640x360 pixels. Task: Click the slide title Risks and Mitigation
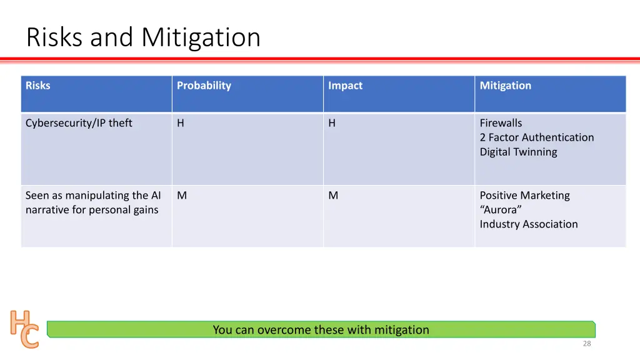[x=143, y=37]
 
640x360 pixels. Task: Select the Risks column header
[x=37, y=86]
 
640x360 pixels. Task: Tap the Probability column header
[x=204, y=86]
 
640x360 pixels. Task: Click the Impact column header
[x=345, y=86]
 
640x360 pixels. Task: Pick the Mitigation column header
[x=505, y=86]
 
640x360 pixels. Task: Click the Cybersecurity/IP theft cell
[x=79, y=123]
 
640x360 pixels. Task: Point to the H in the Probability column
[x=181, y=123]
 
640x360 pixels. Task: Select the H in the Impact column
[x=332, y=123]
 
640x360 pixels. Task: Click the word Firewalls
[x=501, y=123]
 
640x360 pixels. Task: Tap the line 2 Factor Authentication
[x=536, y=137]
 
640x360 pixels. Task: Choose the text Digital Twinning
[x=518, y=152]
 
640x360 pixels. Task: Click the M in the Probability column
[x=182, y=196]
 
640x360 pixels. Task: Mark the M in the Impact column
[x=333, y=196]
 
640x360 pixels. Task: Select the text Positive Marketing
[x=524, y=196]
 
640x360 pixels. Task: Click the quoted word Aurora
[x=501, y=210]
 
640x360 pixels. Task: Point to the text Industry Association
[x=528, y=224]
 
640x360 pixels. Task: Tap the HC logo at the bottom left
[x=24, y=328]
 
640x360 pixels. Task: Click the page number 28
[x=586, y=344]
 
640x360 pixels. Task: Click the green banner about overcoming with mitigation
[x=321, y=329]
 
